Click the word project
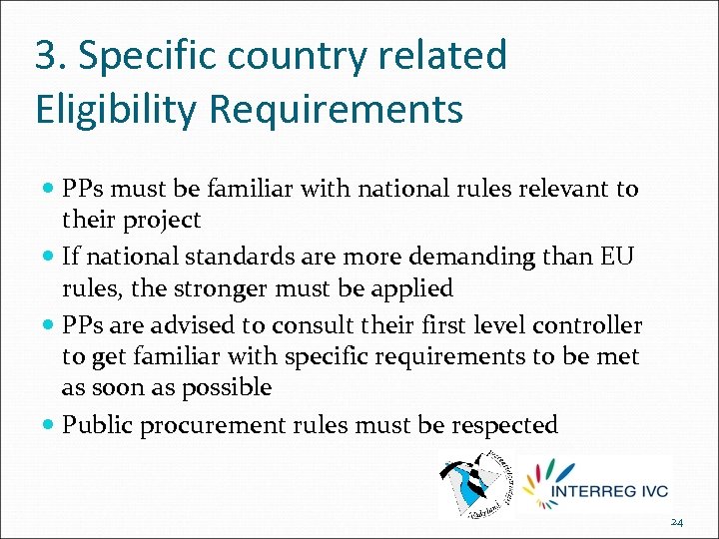coord(164,220)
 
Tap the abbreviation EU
coord(616,257)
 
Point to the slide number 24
coord(676,522)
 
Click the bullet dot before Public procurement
coord(50,425)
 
